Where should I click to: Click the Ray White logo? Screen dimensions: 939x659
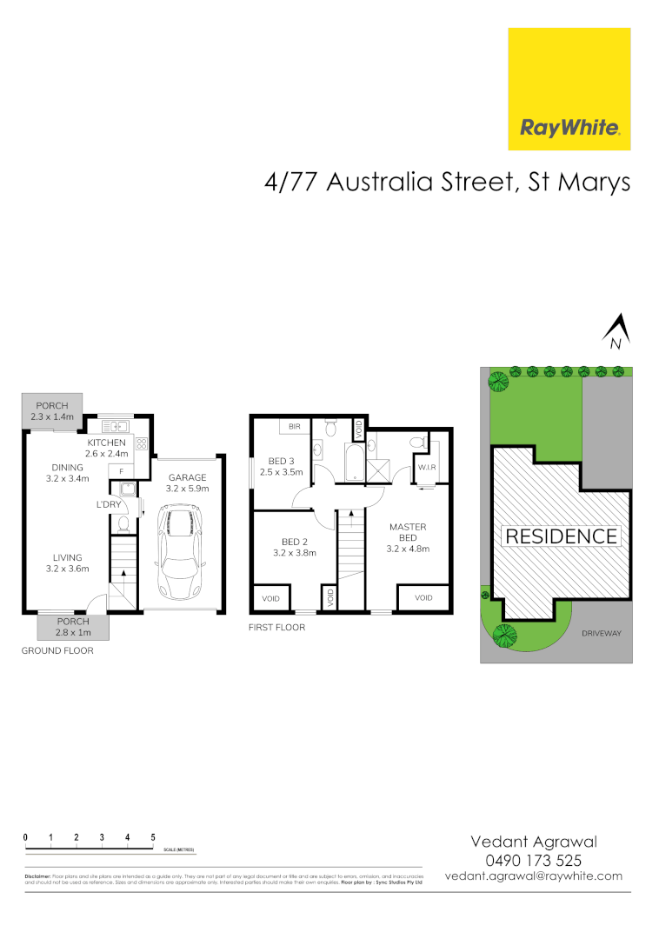569,90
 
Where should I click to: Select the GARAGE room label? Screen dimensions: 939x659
187,477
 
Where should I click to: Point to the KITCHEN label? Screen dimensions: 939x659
106,443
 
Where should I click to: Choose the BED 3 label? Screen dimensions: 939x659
280,461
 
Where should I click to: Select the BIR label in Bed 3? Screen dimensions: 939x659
295,427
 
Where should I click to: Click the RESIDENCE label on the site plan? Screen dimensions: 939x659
561,536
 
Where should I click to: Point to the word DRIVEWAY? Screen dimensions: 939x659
602,634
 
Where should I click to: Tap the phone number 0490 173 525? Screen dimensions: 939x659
533,860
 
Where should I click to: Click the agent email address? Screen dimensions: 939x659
533,876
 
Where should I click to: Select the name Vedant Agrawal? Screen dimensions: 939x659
533,841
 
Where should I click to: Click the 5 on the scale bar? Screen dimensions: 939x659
153,836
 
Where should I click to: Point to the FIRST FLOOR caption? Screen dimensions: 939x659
276,627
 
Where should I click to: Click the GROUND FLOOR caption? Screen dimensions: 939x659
58,650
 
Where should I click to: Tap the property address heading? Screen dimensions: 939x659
447,183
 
